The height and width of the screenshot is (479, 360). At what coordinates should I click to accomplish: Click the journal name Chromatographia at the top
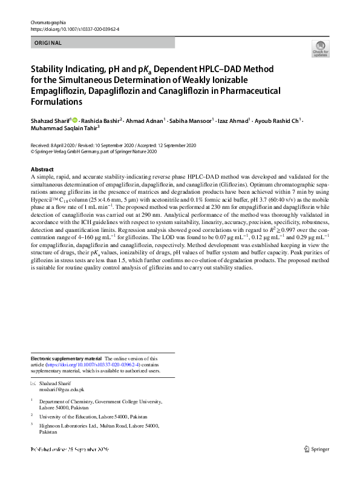48,22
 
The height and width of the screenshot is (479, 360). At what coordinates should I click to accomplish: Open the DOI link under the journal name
74,29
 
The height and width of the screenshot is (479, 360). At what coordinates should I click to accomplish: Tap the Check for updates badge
320,48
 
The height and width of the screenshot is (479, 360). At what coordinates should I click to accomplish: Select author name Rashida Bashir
103,121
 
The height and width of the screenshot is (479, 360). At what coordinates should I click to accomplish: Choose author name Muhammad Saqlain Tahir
64,128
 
